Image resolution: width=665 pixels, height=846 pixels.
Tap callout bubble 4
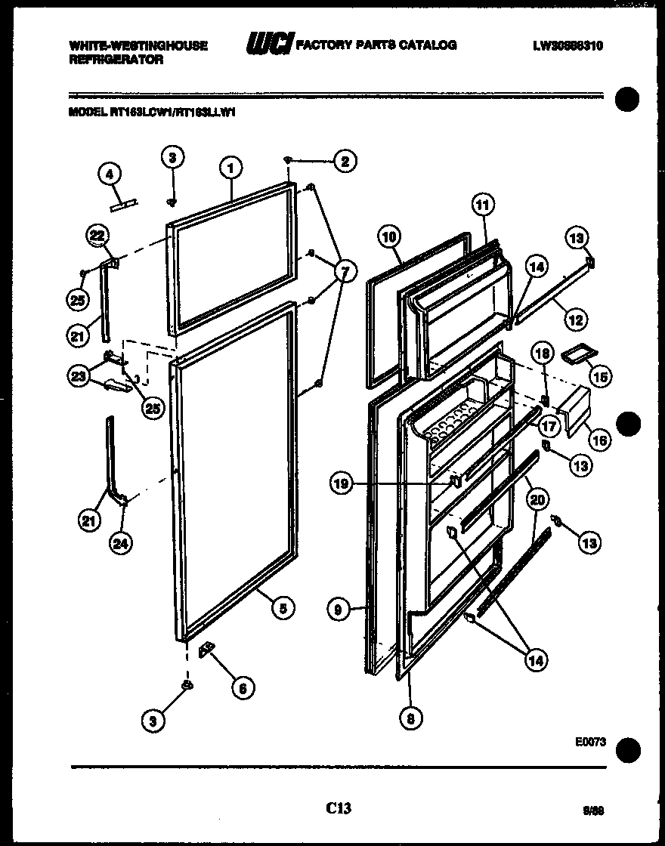[110, 174]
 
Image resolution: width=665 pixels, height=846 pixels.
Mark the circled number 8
[410, 718]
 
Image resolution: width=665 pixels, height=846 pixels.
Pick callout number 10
[388, 237]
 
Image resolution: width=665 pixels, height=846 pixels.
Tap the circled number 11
[483, 203]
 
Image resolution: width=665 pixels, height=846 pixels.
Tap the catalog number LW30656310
[568, 45]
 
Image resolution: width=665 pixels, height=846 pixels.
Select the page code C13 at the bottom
[339, 808]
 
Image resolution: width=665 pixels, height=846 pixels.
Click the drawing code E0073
[590, 743]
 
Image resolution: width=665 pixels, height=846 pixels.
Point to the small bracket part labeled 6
[207, 652]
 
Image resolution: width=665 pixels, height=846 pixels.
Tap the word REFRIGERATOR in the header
[116, 60]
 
